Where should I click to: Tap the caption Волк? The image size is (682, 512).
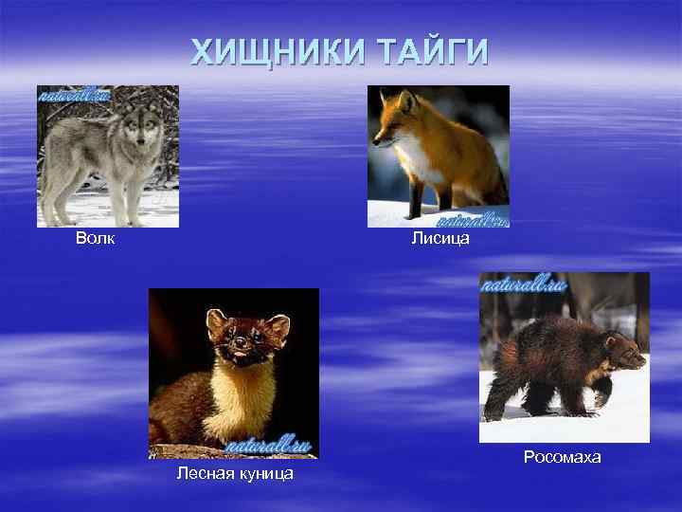click(x=96, y=238)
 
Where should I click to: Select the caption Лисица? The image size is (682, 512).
click(x=440, y=238)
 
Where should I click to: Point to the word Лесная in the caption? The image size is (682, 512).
click(x=205, y=473)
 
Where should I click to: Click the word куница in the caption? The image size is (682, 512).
click(x=264, y=473)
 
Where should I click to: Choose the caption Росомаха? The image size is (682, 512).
click(x=562, y=457)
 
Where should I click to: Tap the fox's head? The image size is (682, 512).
click(x=392, y=118)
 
